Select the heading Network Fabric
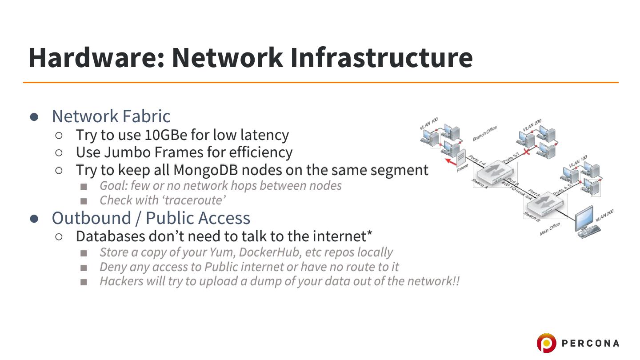111,116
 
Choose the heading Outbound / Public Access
151,218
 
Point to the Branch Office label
484,133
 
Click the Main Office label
550,229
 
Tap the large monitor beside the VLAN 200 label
586,219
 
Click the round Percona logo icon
546,343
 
